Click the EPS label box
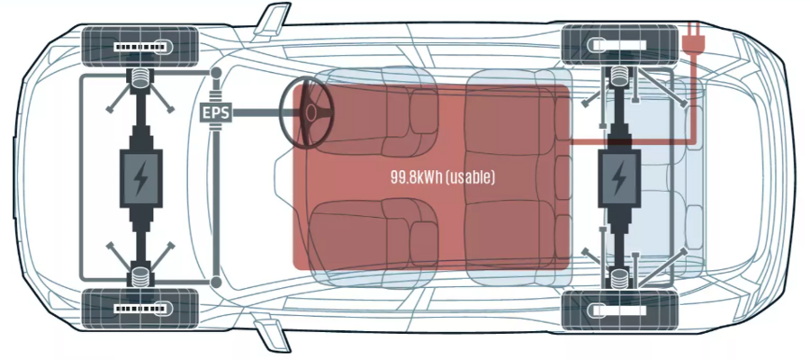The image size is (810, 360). pos(214,113)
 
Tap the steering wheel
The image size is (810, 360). pos(308,112)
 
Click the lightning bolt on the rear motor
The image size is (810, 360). pos(618,179)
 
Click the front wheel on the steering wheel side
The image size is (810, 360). pos(139,45)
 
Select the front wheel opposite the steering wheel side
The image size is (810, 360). pos(139,310)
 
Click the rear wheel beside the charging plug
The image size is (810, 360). pos(619,45)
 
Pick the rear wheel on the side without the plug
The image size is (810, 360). pos(619,310)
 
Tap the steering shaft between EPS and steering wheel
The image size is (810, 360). pos(256,113)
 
